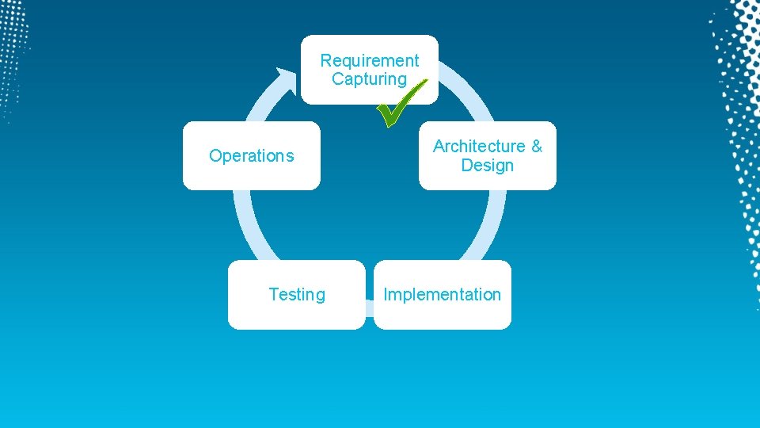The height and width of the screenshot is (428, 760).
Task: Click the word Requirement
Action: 370,60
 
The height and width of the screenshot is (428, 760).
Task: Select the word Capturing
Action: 369,79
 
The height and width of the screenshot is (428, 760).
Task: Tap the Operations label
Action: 251,156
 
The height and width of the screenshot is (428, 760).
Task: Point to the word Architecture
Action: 479,147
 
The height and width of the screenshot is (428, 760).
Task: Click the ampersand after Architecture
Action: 537,147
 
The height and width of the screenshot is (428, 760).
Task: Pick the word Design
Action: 488,166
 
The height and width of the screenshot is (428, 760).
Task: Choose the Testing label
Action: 297,295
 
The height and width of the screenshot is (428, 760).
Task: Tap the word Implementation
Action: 442,295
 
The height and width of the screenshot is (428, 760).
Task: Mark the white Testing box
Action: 297,313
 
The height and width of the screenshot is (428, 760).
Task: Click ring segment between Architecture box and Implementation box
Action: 486,225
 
